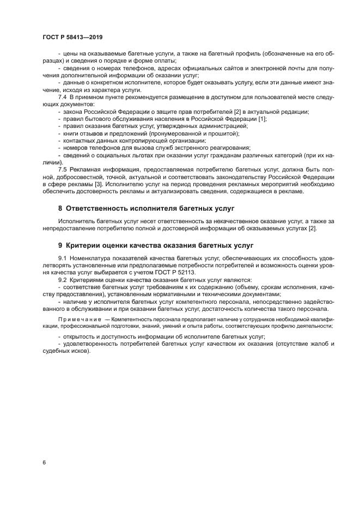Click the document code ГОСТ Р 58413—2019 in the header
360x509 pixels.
pos(72,37)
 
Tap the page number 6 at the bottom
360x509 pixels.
pos(44,462)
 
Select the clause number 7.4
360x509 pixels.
pos(62,96)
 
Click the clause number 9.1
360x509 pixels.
pos(62,256)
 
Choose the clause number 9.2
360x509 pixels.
pos(62,278)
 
